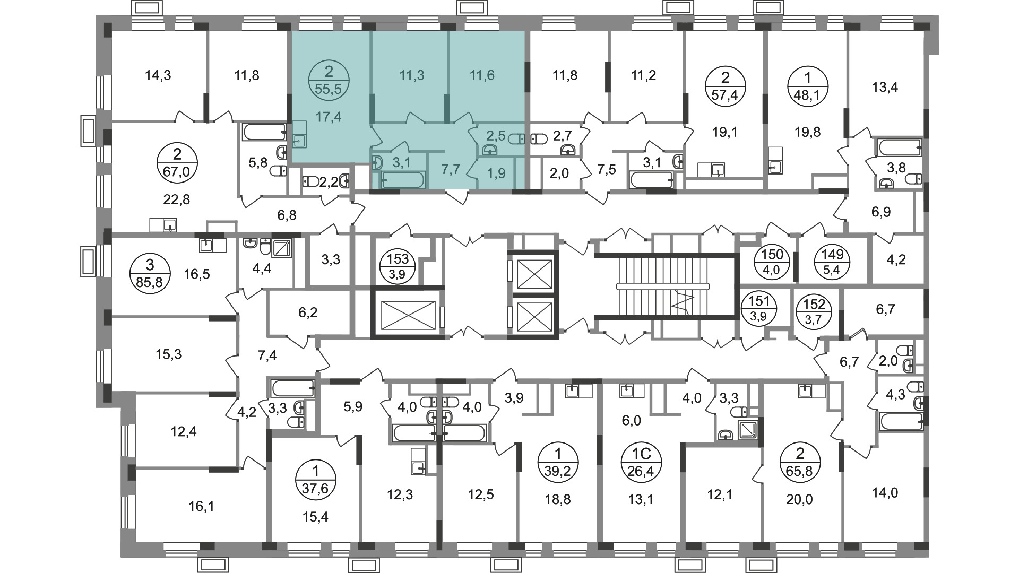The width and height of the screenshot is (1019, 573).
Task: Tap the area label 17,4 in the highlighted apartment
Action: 329,117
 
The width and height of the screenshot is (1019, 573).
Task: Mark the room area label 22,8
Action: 177,199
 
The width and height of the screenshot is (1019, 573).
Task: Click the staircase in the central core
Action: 663,286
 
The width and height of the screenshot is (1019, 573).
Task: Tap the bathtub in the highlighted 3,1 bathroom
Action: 403,180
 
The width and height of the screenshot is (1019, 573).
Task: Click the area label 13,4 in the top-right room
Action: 885,86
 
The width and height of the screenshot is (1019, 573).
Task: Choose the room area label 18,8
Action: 558,499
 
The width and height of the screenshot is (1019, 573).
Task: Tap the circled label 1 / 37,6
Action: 316,479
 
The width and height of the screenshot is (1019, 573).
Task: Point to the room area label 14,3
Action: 158,75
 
